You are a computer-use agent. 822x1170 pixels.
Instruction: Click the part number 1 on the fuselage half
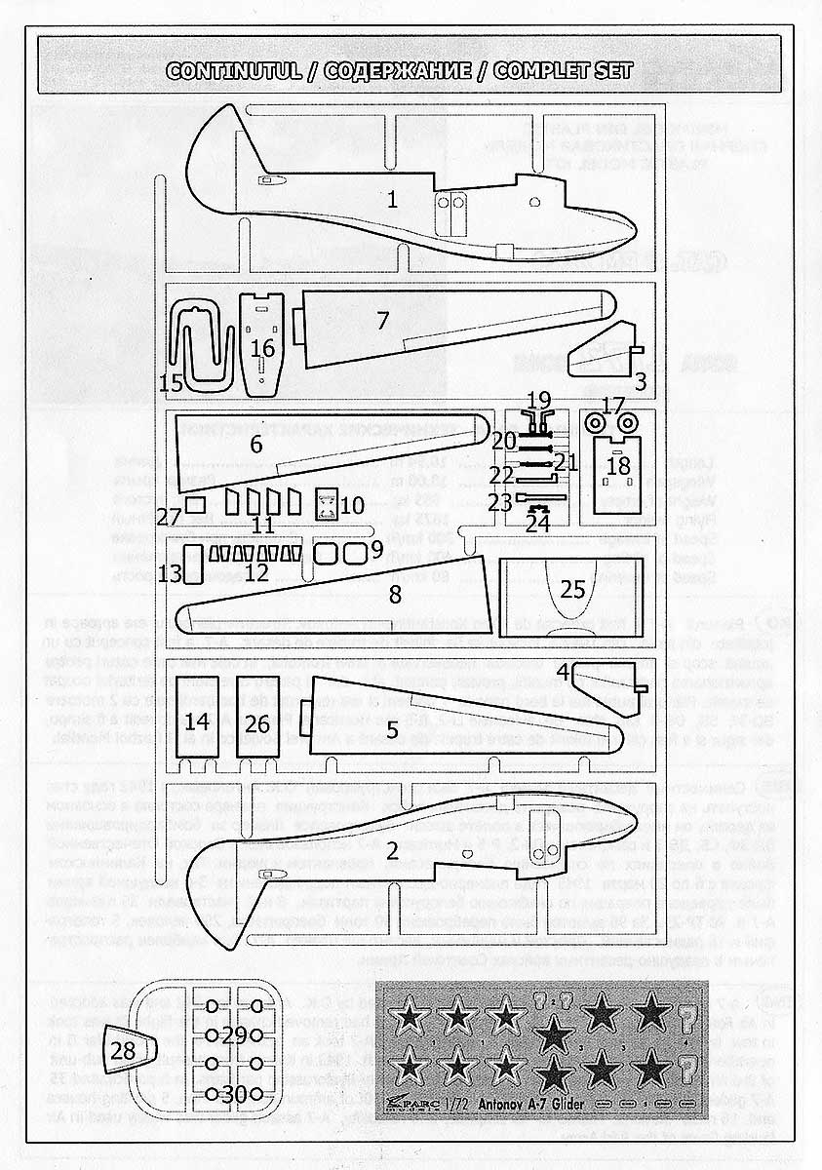(x=392, y=200)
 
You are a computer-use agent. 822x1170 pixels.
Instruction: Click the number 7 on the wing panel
(x=382, y=319)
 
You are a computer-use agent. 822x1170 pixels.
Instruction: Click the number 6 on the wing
(x=256, y=444)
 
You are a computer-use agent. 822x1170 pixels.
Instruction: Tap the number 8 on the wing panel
(x=395, y=594)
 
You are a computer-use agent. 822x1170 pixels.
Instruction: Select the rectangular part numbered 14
(x=197, y=721)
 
